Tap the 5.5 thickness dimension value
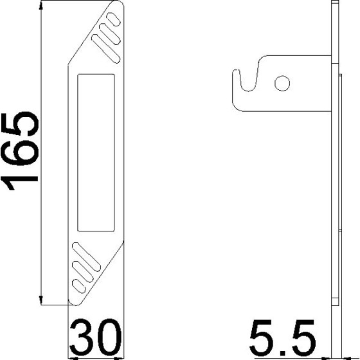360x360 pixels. point(283,335)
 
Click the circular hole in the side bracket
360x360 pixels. point(280,82)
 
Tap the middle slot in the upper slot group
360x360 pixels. point(109,34)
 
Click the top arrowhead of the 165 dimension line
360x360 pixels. point(42,5)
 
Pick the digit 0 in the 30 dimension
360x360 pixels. point(109,335)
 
